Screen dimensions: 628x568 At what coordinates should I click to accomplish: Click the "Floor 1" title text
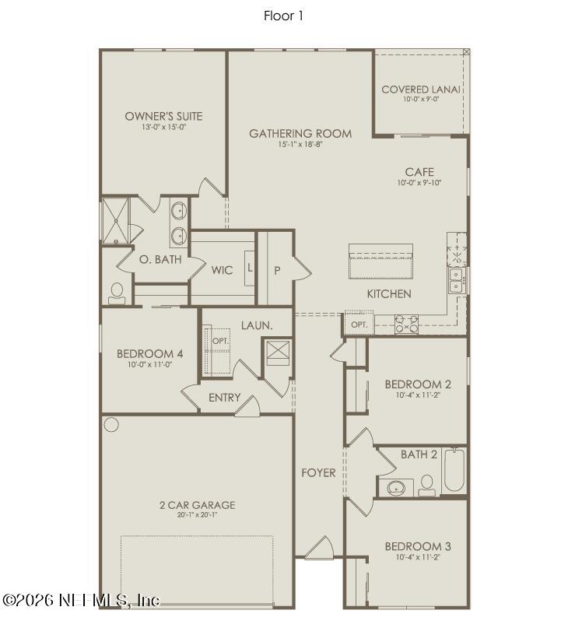point(283,16)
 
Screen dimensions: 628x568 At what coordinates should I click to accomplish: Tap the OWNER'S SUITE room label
point(163,117)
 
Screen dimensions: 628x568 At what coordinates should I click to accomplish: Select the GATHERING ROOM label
point(300,134)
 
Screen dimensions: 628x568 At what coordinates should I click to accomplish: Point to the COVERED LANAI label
point(421,89)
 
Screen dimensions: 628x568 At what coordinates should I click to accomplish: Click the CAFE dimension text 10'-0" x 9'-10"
point(419,183)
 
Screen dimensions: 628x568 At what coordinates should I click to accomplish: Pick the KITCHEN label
point(389,293)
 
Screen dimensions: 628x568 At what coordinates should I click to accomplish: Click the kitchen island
point(381,261)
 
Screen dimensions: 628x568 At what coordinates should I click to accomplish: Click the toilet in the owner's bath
point(117,292)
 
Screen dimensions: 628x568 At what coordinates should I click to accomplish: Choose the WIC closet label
point(222,270)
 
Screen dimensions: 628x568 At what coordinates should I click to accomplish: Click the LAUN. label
point(256,325)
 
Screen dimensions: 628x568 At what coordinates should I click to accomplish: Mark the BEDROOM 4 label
point(149,354)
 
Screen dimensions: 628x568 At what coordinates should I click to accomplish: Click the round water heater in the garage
point(111,425)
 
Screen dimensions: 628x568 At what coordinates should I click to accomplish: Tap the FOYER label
point(319,472)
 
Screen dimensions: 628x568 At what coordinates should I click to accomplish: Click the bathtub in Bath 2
point(454,472)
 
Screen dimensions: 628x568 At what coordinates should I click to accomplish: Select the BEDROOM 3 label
point(418,546)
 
